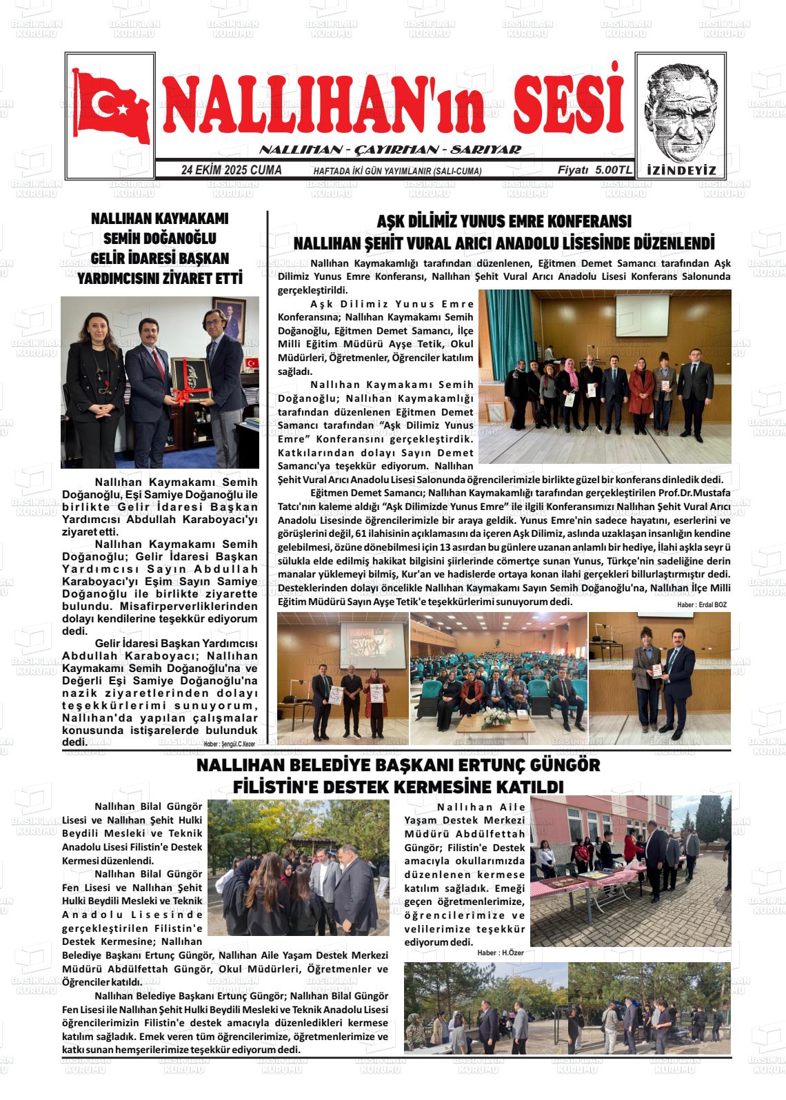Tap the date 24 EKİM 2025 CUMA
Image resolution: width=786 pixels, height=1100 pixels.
[231, 170]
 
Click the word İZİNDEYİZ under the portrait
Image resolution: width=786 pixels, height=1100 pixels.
[682, 170]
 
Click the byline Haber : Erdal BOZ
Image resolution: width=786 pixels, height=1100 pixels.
[701, 604]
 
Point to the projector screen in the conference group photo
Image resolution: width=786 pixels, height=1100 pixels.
[642, 316]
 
